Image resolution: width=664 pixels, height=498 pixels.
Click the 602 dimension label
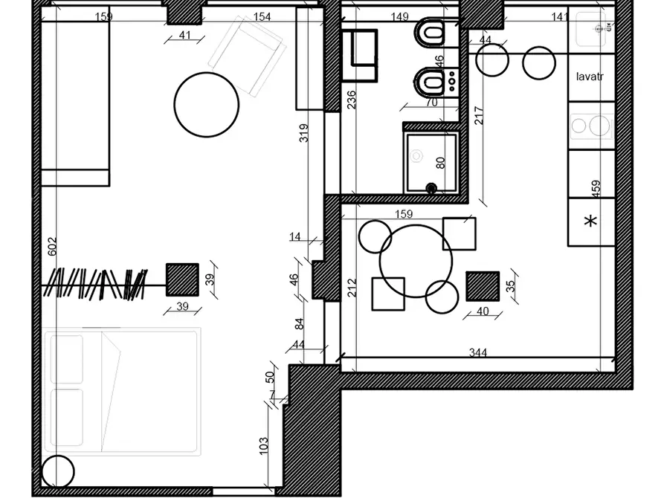51,247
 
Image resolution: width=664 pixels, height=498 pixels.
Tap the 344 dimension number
477,352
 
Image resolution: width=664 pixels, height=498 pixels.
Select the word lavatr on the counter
590,77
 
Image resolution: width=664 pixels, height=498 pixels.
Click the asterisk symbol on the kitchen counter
590,221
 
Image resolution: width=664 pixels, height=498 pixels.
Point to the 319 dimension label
303,132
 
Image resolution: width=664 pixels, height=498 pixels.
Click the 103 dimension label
263,445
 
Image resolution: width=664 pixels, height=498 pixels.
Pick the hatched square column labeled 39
182,279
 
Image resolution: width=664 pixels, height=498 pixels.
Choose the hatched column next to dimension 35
483,286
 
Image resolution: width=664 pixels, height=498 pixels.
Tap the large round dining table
416,261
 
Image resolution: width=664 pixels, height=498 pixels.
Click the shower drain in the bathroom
431,187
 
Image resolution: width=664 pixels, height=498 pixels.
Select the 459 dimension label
596,189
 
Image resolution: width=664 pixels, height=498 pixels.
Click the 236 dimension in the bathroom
352,100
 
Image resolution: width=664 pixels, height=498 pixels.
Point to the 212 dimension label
352,287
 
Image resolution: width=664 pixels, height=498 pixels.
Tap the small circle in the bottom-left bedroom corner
58,471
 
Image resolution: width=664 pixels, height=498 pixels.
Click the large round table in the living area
207,105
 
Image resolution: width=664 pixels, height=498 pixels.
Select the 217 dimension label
479,115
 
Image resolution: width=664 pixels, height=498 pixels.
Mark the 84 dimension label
299,323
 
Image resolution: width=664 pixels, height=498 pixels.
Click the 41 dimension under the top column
184,35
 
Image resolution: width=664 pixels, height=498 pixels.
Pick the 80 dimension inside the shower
440,163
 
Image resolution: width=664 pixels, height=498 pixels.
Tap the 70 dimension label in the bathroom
432,103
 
